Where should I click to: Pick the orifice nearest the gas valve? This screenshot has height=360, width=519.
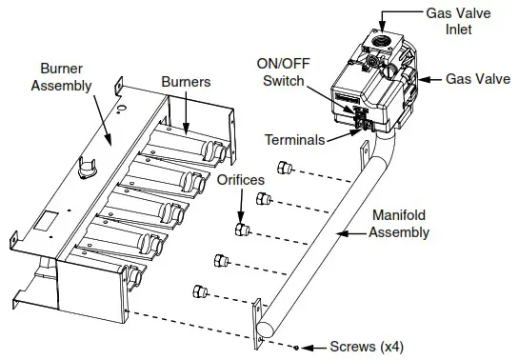pos(283,169)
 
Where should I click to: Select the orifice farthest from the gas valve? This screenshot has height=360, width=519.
pos(199,290)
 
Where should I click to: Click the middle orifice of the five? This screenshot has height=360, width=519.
pos(242,230)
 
